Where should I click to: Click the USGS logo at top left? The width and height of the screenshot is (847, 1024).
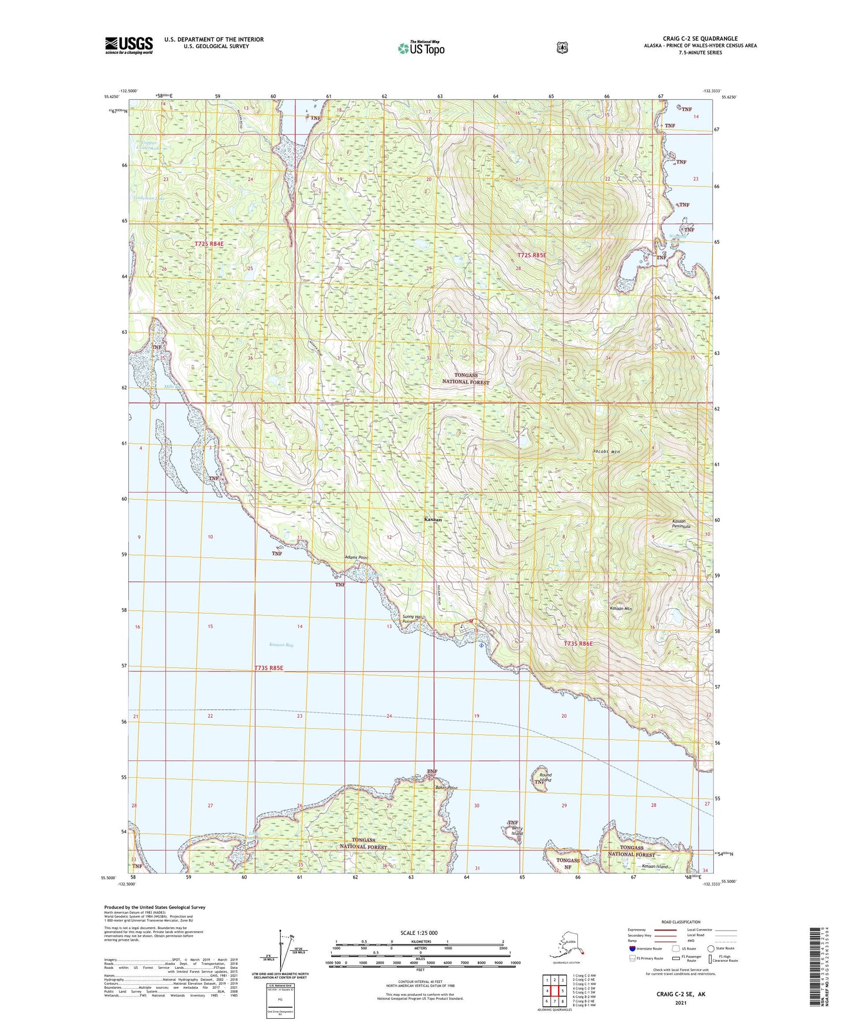click(129, 45)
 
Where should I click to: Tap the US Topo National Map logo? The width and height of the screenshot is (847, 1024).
click(420, 48)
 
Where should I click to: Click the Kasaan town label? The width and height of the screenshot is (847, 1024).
click(433, 520)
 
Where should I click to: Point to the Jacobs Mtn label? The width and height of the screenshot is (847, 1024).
click(606, 452)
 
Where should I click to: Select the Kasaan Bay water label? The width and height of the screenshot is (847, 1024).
click(281, 645)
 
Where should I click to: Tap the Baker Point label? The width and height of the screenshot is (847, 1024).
click(446, 788)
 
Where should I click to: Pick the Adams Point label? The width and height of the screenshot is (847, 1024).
click(356, 557)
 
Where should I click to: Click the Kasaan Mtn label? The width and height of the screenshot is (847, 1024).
click(620, 609)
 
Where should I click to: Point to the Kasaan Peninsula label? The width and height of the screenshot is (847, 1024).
click(681, 524)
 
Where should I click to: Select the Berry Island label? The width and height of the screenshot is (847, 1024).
click(516, 830)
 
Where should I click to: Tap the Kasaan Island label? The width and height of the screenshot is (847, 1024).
click(655, 866)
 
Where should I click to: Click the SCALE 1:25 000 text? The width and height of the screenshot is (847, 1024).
click(419, 933)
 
